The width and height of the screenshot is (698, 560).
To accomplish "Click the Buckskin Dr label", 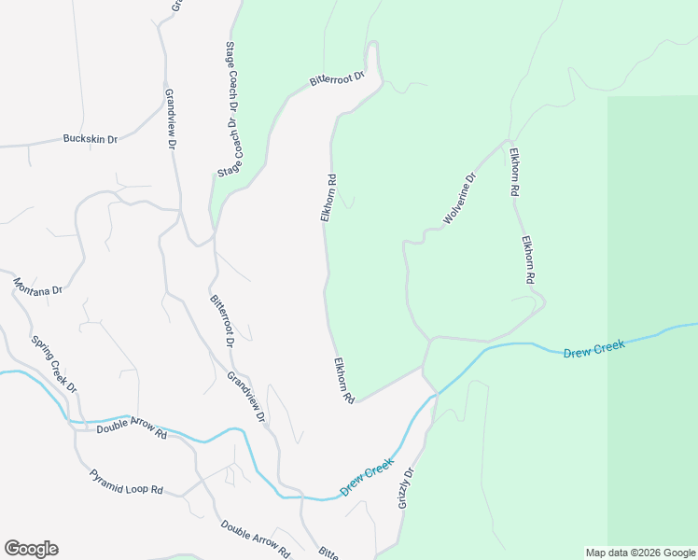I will coord(90,139).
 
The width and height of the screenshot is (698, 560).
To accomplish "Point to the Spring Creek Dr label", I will coord(54,364).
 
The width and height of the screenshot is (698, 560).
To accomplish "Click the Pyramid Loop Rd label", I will coord(126,482).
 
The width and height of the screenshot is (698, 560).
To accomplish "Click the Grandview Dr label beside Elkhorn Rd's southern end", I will coord(246,396).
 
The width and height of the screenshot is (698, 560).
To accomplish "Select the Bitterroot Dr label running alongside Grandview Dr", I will coord(221,320).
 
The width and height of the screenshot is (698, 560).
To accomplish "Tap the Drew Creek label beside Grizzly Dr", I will coord(367,476).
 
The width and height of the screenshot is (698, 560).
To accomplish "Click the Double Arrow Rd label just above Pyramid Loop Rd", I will coord(131,432).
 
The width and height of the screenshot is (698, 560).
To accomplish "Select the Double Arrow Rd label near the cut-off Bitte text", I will coord(256,538).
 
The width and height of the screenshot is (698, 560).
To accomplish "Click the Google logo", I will coord(31,549).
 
